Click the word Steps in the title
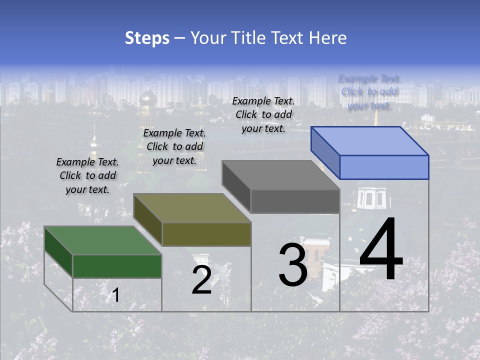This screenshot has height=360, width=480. (147, 38)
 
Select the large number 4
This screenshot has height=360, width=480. (381, 250)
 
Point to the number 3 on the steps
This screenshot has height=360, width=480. (292, 264)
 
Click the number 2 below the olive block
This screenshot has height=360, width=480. (201, 280)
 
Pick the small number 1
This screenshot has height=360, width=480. (115, 295)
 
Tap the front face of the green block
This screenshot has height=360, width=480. (117, 266)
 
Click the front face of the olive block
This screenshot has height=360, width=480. (206, 234)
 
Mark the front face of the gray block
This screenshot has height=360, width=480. (295, 201)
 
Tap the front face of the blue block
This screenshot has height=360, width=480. (384, 167)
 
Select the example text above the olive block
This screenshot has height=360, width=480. (174, 147)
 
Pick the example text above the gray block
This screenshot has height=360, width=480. (263, 114)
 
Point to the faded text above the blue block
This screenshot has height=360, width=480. (369, 92)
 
